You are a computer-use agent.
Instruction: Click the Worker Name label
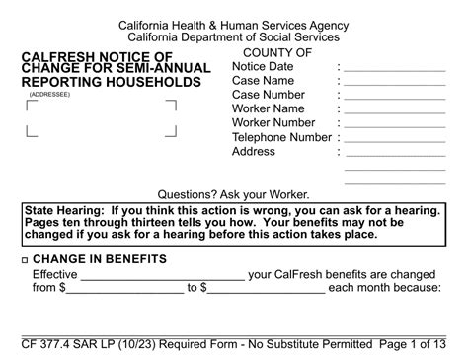(268, 108)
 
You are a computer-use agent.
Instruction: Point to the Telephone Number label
(281, 137)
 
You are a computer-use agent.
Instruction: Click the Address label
(254, 152)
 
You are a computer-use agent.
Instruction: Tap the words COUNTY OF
(277, 52)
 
